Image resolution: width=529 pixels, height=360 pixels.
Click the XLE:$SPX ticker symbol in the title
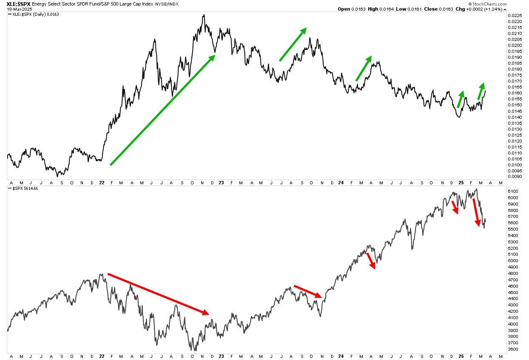[x=18, y=4]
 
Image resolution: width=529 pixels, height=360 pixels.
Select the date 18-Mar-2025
[x=20, y=9]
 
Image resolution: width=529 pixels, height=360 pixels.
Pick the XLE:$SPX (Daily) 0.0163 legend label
[x=34, y=14]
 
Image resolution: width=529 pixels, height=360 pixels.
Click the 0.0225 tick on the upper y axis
[x=515, y=16]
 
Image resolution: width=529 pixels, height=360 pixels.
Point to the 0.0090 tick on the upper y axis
[x=515, y=176]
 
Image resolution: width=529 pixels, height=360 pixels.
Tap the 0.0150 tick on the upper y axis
[x=515, y=105]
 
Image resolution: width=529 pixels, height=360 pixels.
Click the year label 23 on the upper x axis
[x=221, y=183]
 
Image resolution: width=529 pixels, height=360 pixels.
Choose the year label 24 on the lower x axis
[x=341, y=356]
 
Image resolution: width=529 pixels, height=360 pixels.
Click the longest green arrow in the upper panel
[x=163, y=110]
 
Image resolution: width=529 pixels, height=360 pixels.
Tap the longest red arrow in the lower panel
[x=159, y=294]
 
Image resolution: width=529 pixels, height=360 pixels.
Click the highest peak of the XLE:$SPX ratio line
[x=204, y=15]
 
